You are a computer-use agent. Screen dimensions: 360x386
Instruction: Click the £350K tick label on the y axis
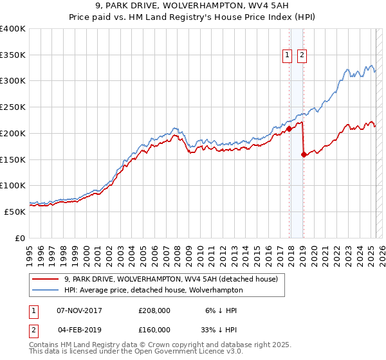click(x=13, y=55)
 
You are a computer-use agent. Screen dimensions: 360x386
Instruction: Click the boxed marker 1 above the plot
click(x=287, y=55)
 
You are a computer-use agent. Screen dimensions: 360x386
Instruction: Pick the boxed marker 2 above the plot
click(x=302, y=55)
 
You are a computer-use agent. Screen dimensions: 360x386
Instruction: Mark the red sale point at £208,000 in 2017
click(x=289, y=129)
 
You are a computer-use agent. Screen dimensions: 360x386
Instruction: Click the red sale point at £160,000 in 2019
click(x=304, y=154)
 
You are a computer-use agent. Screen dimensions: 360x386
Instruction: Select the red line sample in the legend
click(x=45, y=279)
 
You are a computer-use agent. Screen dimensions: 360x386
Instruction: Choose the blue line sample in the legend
click(x=45, y=290)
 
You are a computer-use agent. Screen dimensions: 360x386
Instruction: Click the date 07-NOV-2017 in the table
click(x=80, y=310)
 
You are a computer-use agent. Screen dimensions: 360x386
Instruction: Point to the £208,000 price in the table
click(x=154, y=310)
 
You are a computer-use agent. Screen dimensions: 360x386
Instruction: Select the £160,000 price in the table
click(x=154, y=329)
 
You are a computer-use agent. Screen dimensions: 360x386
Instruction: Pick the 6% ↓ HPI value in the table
click(x=221, y=310)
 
